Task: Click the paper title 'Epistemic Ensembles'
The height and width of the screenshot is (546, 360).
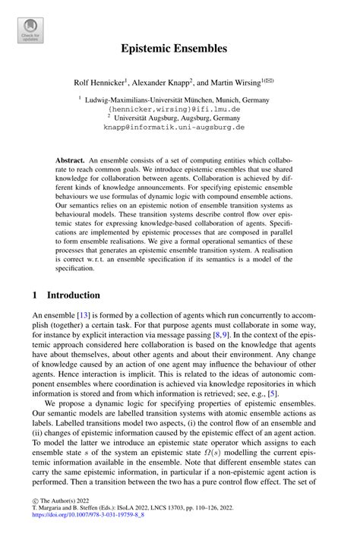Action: [x=179, y=49]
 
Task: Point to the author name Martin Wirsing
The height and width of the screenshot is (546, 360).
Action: [x=245, y=81]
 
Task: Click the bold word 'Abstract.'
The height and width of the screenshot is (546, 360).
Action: [x=70, y=162]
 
